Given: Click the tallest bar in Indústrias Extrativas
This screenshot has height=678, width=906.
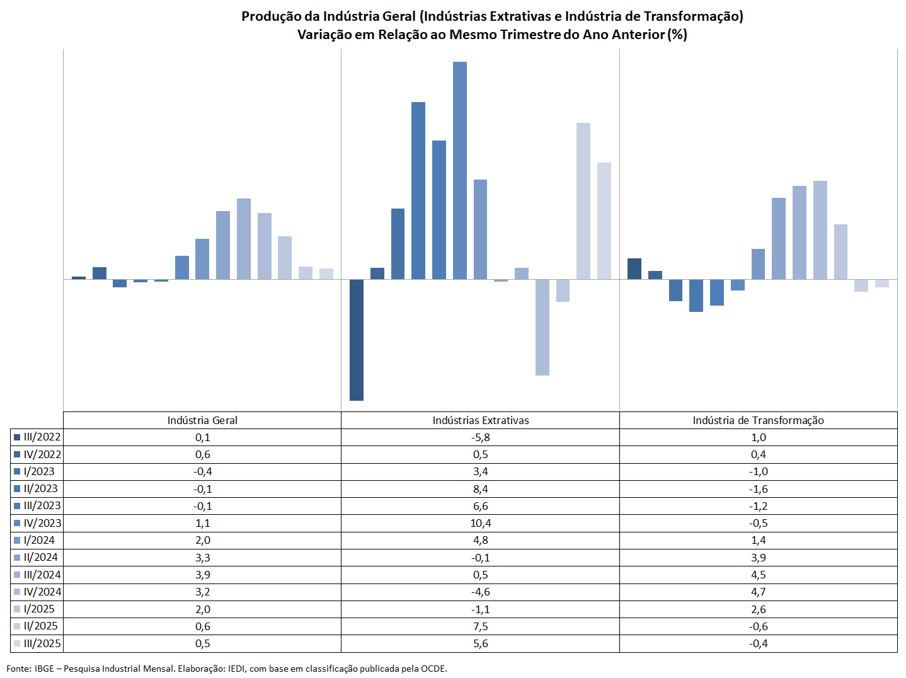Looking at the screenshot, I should pos(460,170).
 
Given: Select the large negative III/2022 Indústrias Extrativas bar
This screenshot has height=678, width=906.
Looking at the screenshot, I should pos(357,340).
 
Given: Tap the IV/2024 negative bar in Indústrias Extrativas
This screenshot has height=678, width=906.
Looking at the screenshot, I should pos(542,327).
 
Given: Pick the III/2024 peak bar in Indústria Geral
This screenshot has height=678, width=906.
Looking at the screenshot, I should pos(244,239).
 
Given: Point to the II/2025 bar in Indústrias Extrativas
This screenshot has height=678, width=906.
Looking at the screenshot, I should pos(583,201).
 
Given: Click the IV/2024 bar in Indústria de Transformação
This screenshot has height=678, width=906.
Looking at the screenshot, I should pos(820,230).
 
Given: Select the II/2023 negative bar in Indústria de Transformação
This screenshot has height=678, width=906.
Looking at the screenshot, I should pos(696,296).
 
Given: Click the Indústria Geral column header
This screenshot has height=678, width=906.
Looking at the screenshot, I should pos(202,420).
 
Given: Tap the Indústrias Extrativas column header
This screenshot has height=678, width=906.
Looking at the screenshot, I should pos(481,420).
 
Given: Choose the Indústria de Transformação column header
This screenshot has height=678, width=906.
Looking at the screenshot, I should pos(758,420).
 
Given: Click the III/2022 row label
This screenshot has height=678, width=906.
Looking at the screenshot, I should pos(42,437).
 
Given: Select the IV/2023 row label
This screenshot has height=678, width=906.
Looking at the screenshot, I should pos(42,523).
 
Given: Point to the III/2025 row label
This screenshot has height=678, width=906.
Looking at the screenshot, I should pos(42,643).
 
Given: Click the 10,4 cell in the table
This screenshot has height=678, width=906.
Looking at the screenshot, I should pos(481,523).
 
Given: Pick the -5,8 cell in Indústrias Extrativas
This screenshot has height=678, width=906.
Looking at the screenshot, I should pos(481,437).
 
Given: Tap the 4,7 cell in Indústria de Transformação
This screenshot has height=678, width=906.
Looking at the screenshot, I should pos(759,592).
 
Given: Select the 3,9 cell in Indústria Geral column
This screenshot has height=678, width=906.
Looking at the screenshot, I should pos(203,575).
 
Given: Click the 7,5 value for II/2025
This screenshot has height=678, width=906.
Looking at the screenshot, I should pos(481,626).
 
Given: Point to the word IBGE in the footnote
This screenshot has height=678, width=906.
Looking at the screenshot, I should pos(44,669).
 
